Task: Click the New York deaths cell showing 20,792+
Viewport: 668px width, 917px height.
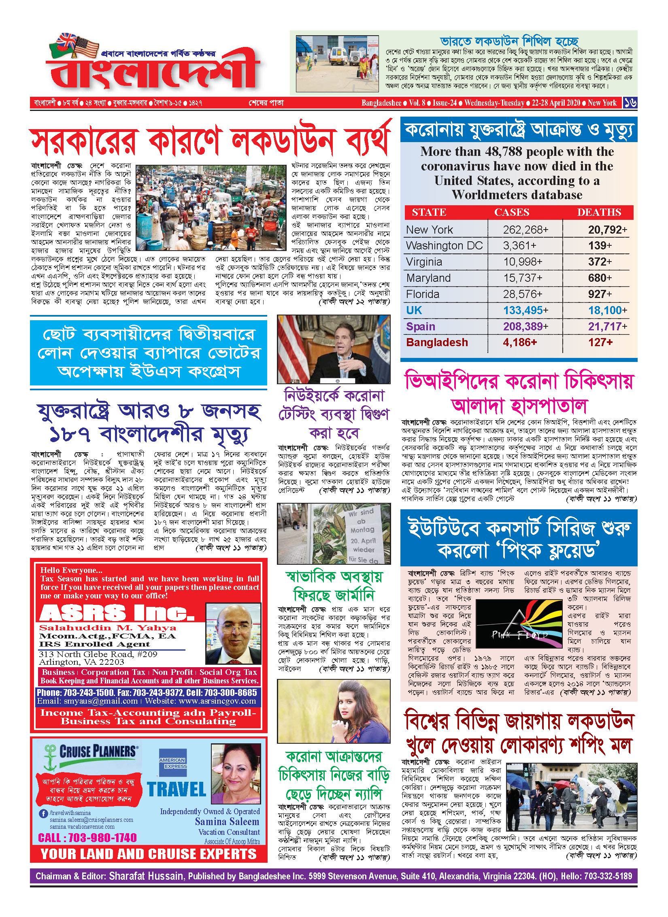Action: pyautogui.click(x=607, y=230)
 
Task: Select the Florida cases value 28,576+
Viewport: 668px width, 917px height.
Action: pyautogui.click(x=525, y=294)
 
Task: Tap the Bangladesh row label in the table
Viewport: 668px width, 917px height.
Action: pyautogui.click(x=437, y=343)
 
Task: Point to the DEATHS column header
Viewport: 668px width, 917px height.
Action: pyautogui.click(x=599, y=212)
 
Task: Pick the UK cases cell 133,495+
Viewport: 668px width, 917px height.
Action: pyautogui.click(x=525, y=311)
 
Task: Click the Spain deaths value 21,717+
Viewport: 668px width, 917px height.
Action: pyautogui.click(x=607, y=326)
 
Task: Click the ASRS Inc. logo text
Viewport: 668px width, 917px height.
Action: pyautogui.click(x=117, y=613)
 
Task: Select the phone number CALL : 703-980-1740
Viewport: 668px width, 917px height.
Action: pyautogui.click(x=87, y=838)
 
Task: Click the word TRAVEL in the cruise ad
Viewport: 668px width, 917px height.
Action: pyautogui.click(x=177, y=789)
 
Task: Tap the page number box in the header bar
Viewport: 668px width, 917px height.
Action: pyautogui.click(x=630, y=103)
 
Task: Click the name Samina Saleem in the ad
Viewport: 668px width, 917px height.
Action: pyautogui.click(x=227, y=821)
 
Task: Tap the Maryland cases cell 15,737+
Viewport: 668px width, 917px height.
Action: pyautogui.click(x=525, y=278)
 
